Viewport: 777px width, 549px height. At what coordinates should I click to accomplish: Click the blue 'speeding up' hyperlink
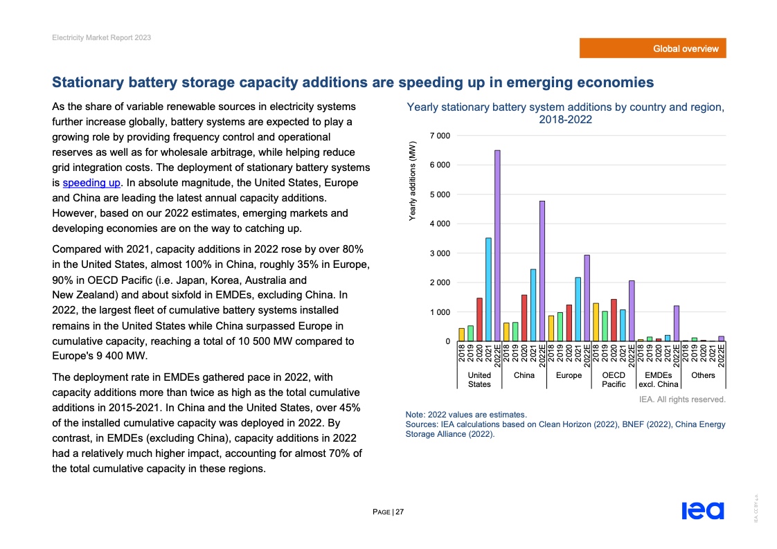(x=92, y=183)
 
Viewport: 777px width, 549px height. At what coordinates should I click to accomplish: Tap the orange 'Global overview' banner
(x=653, y=48)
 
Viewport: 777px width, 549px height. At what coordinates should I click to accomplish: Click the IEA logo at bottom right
(x=702, y=511)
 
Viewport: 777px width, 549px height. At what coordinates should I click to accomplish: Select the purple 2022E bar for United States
(x=497, y=246)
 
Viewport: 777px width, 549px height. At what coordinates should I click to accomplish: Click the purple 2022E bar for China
(x=542, y=271)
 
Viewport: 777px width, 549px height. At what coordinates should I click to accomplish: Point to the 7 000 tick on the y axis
(x=439, y=135)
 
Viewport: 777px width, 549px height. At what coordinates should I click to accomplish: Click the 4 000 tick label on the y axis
(x=439, y=224)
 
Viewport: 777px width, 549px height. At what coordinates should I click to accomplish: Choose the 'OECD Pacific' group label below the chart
(x=614, y=379)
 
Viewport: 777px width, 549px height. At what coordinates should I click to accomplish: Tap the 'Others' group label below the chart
(x=703, y=375)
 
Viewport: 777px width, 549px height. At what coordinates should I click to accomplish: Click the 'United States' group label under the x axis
(x=479, y=379)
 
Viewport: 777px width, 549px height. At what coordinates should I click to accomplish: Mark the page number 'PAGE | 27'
(x=388, y=512)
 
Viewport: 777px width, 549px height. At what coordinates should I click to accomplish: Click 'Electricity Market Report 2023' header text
(x=101, y=37)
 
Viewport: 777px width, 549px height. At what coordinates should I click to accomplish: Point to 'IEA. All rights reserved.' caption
(x=681, y=399)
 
